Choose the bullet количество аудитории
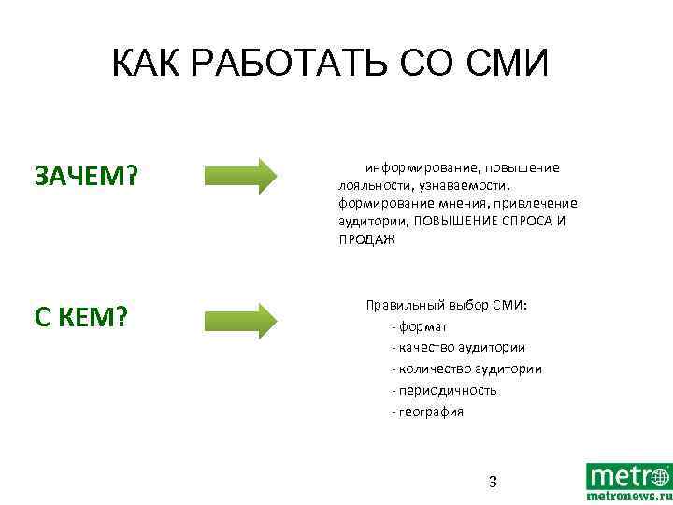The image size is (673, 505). (x=469, y=368)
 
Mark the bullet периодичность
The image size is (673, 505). (x=447, y=390)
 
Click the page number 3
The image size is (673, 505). (x=493, y=482)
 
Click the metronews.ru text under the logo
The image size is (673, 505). (x=628, y=497)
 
